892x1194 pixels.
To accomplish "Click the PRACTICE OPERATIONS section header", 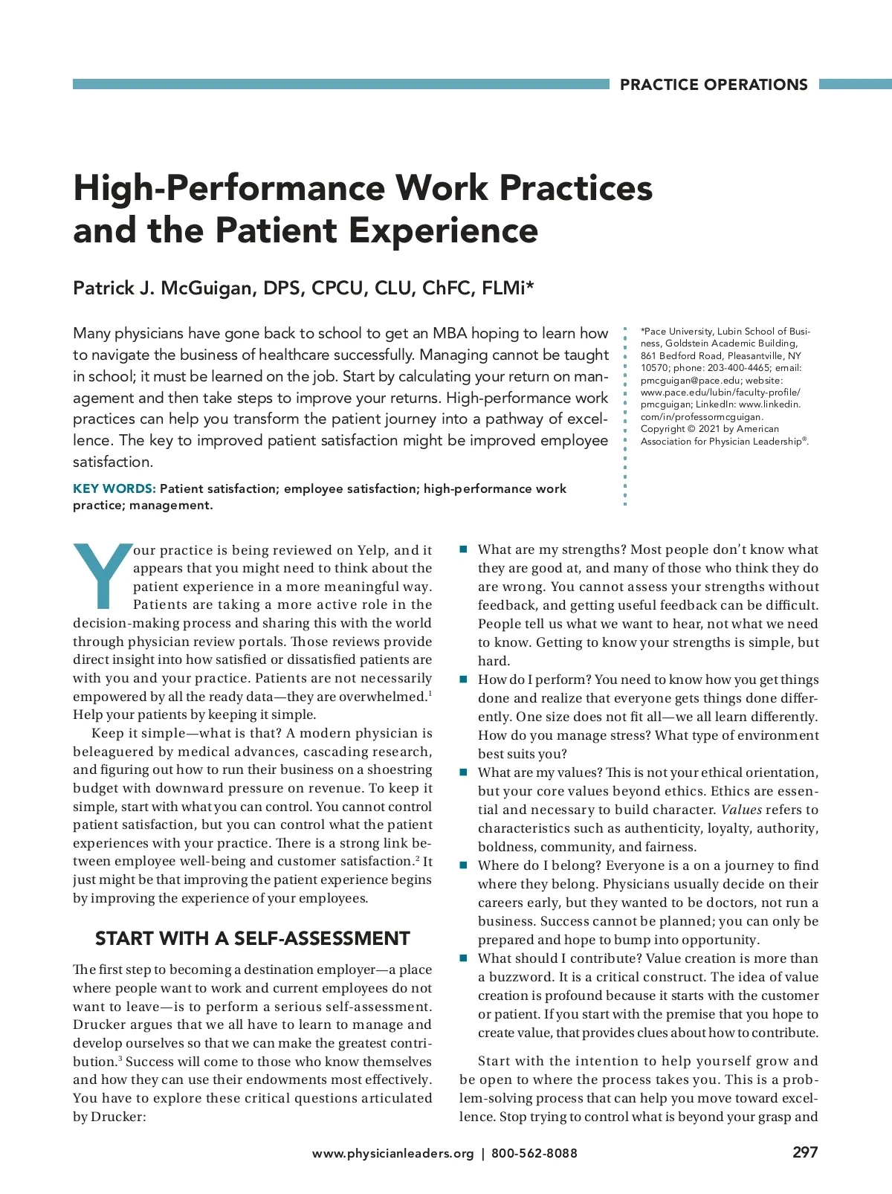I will click(x=714, y=85).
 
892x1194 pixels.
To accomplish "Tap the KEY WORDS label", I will click(x=114, y=488).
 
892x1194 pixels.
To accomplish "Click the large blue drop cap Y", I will click(x=102, y=574).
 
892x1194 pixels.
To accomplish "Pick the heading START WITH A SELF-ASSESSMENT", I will click(x=252, y=938).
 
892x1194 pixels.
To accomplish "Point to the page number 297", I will click(x=804, y=1152).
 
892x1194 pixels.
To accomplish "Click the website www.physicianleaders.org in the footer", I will click(x=392, y=1153).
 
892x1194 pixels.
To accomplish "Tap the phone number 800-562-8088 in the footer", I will click(x=534, y=1153).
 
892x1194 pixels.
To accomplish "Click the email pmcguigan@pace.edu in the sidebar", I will click(x=690, y=380).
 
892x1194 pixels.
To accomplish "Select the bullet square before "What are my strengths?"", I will click(x=463, y=549).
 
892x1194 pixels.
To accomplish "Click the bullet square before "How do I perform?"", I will click(x=463, y=680).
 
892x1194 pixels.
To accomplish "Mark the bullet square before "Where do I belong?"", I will click(x=463, y=865).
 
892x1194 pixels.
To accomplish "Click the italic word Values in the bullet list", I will click(x=741, y=810).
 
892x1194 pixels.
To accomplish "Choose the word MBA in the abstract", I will click(x=450, y=333).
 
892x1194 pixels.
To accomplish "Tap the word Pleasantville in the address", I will click(x=756, y=356).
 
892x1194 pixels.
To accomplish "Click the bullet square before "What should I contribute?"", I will click(x=463, y=958).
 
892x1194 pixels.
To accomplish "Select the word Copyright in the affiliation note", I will click(x=662, y=429).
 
